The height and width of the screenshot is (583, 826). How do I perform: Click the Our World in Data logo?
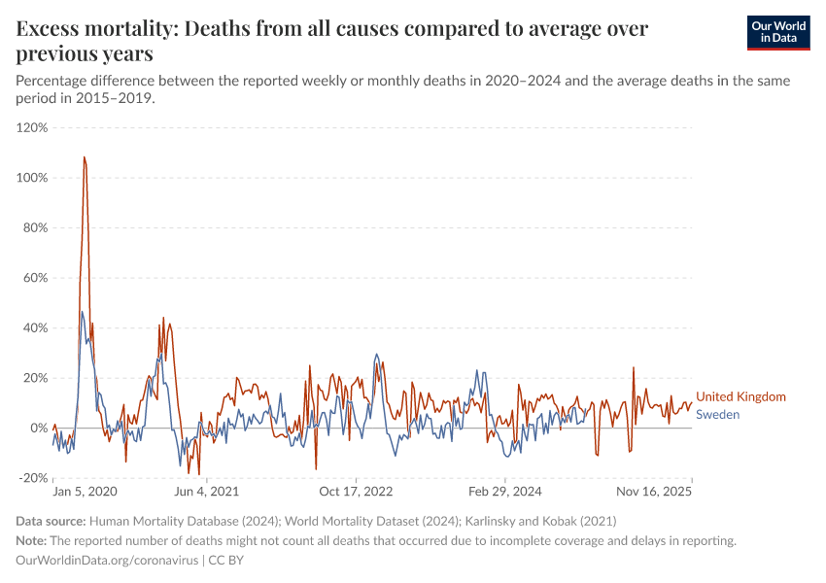(x=778, y=32)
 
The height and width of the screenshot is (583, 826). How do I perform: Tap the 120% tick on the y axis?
(x=32, y=127)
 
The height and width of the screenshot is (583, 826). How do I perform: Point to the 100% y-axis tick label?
(x=32, y=178)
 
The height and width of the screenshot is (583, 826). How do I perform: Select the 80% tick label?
(x=34, y=228)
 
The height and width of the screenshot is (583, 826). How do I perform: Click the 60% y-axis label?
(x=34, y=278)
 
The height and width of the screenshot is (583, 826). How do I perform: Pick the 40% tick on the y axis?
(x=34, y=328)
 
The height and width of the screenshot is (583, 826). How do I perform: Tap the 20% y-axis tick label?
(x=34, y=378)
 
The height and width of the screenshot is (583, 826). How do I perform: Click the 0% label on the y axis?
(x=38, y=429)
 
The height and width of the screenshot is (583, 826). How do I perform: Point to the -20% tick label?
(x=32, y=478)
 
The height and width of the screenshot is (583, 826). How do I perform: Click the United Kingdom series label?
(x=740, y=396)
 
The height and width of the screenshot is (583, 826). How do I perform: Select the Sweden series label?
(x=718, y=414)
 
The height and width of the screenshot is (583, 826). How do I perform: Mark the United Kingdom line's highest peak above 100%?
(x=85, y=157)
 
